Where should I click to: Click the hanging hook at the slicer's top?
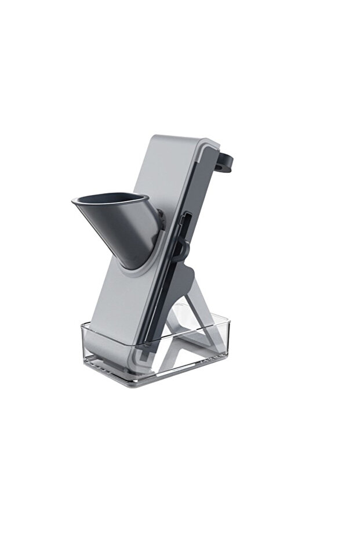[x=229, y=165]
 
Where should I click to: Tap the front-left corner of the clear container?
[x=84, y=348]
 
